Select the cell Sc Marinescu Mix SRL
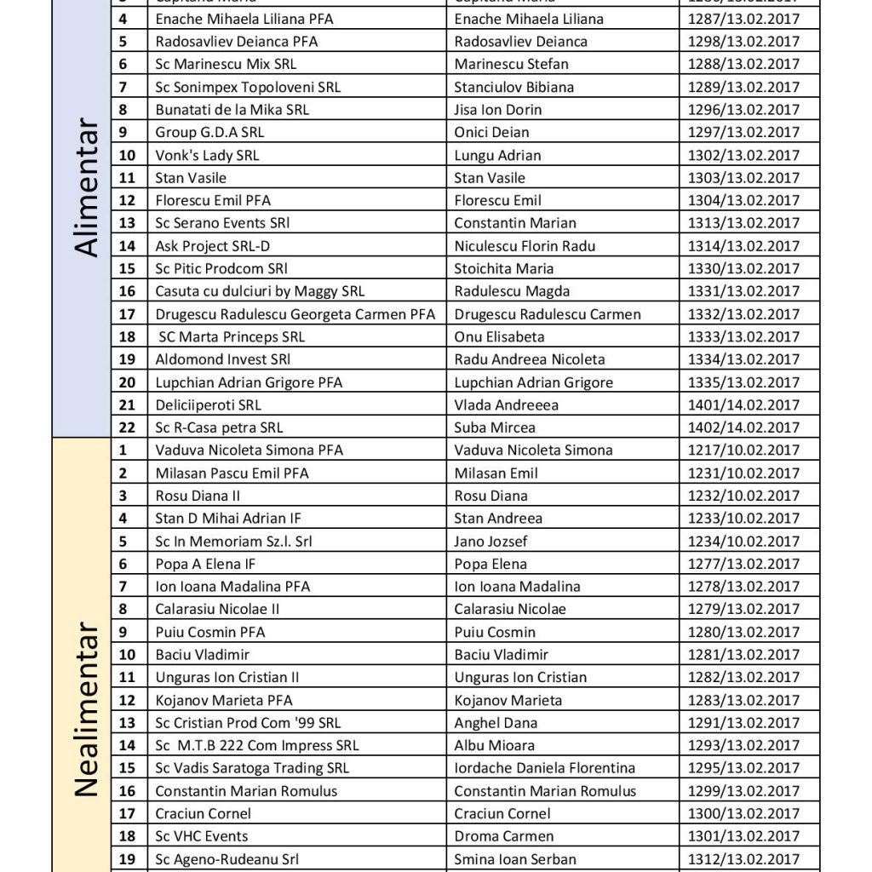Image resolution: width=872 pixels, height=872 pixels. (x=226, y=64)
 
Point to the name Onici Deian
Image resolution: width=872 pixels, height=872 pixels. (x=491, y=132)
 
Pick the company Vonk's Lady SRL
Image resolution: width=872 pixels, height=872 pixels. (x=207, y=155)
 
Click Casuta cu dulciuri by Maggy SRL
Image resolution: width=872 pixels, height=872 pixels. (x=260, y=291)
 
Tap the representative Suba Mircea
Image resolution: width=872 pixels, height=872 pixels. (x=495, y=427)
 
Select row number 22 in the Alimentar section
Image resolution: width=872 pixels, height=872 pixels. (x=127, y=427)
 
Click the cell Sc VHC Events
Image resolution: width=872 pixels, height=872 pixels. (x=202, y=836)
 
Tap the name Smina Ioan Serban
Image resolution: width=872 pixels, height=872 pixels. (x=515, y=859)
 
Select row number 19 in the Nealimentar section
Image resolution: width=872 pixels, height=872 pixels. (x=127, y=859)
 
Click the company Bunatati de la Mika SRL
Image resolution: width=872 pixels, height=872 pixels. (x=232, y=110)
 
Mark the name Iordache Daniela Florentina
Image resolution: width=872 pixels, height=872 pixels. (x=545, y=768)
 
